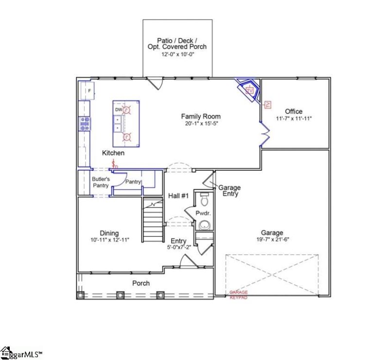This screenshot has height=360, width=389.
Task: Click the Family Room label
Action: click(200, 116)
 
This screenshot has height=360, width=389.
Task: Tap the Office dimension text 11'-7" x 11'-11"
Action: click(294, 118)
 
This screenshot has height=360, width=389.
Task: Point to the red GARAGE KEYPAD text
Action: click(238, 295)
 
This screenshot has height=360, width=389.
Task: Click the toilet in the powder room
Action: click(204, 199)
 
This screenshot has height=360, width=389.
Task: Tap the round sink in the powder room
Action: click(204, 225)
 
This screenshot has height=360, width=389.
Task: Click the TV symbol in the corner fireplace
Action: click(250, 90)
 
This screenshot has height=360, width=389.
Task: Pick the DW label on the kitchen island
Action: click(118, 110)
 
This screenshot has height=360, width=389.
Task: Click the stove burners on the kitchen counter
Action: click(85, 124)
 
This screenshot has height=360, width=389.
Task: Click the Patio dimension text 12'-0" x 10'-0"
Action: click(177, 54)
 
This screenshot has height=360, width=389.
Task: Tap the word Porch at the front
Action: click(141, 283)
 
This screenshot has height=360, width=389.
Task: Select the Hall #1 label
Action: click(178, 196)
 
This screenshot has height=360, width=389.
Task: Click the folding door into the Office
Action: click(265, 133)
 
